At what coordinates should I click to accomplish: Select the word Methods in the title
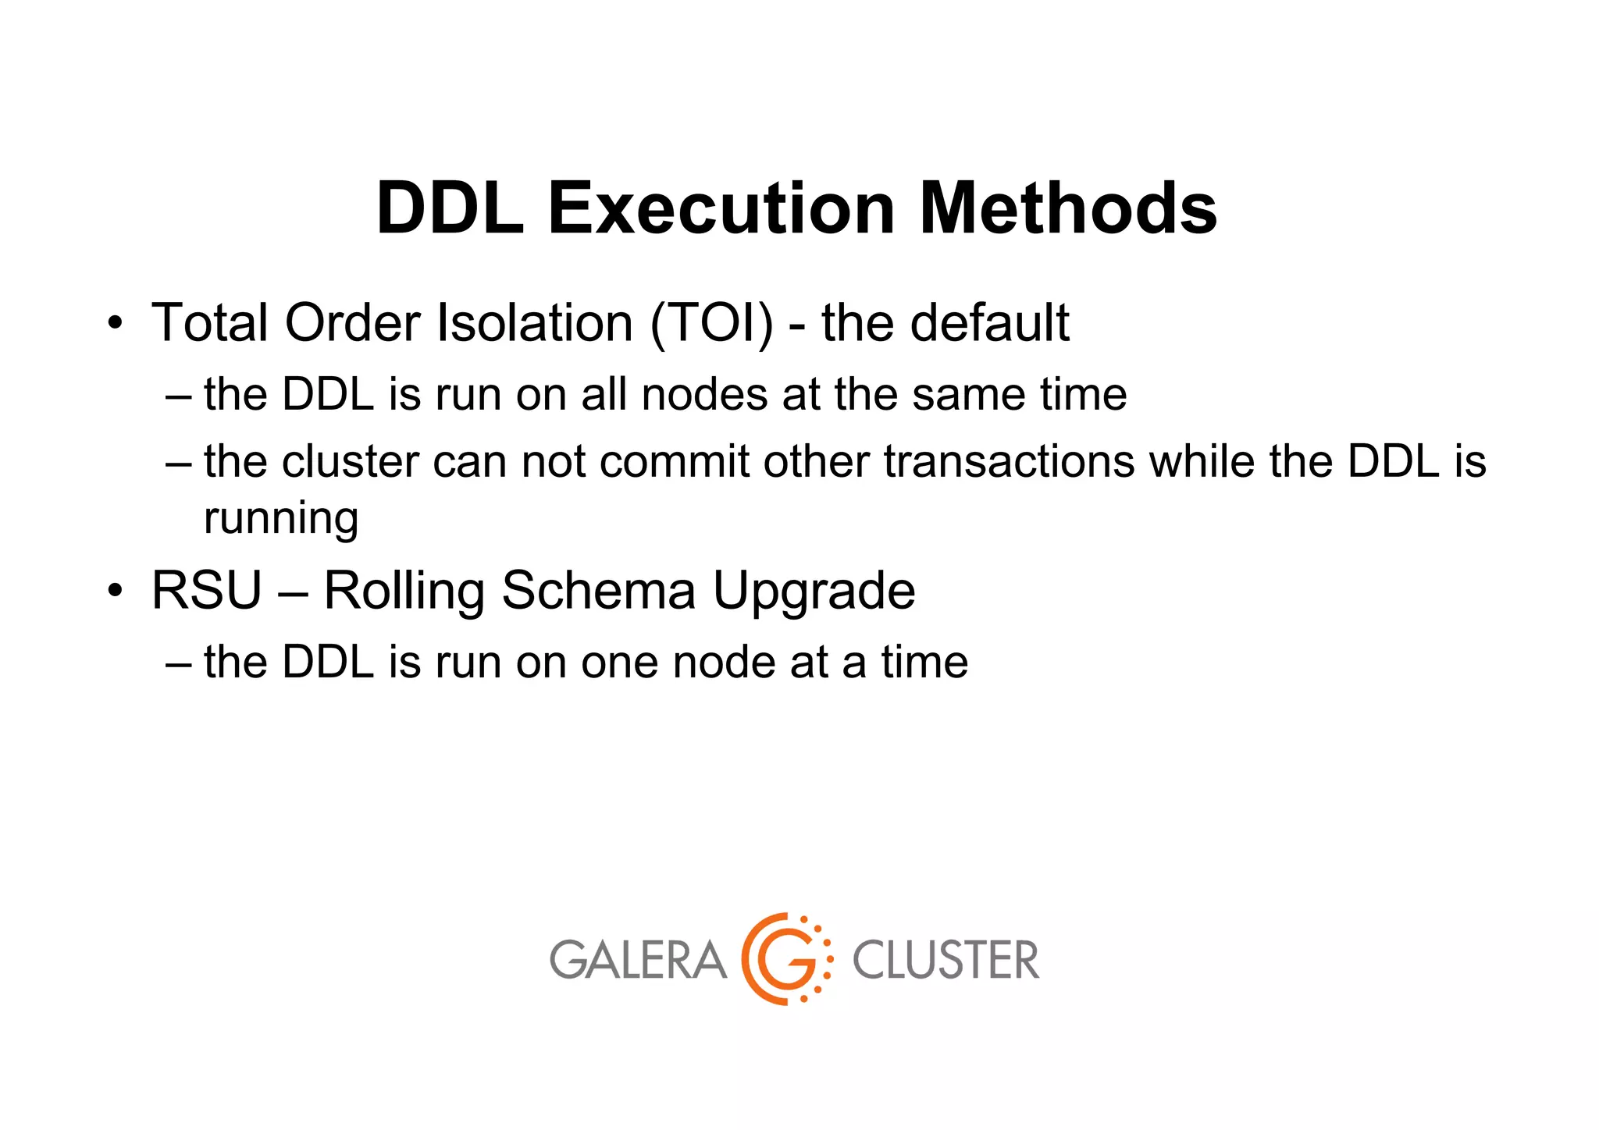1068,208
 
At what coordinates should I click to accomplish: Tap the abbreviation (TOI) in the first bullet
711,322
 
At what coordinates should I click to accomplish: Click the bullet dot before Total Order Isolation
116,323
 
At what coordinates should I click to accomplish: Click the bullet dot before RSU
116,591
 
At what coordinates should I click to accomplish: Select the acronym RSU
206,591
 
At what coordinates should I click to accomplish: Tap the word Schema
598,591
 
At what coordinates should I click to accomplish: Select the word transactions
1009,461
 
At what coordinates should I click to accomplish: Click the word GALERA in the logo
638,960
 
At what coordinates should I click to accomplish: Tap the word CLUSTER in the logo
946,960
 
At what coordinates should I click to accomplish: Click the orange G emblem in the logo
785,959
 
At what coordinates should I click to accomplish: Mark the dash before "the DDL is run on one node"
178,663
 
